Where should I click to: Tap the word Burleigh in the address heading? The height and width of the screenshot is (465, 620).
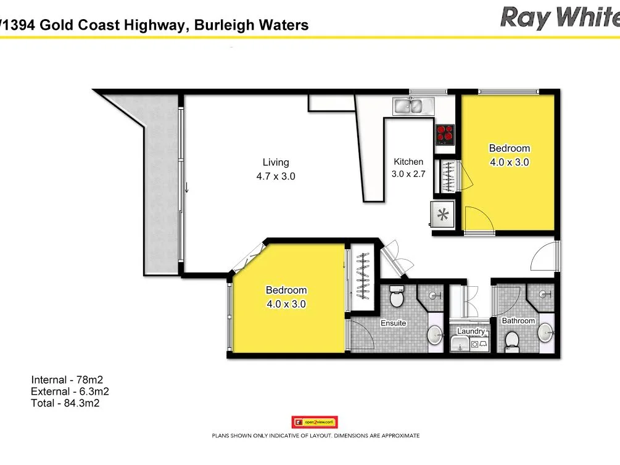226,25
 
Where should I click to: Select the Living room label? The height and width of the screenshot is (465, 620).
276,162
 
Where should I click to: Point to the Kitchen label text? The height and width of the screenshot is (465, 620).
408,162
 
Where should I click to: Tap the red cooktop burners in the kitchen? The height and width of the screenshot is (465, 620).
445,133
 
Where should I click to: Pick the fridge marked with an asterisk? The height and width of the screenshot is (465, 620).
443,215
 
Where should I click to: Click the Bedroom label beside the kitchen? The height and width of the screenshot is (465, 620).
509,148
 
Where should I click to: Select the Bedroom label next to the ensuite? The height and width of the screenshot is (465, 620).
286,290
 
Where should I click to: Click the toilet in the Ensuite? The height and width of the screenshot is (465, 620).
396,298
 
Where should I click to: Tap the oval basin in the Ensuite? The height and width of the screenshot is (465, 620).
436,335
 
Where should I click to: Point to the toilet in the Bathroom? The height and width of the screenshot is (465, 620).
511,339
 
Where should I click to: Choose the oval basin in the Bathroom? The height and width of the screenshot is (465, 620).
545,333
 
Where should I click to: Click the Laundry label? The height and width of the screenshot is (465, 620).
471,331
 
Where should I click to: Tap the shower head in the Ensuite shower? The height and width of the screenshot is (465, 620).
437,295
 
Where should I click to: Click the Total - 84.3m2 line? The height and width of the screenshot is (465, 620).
65,403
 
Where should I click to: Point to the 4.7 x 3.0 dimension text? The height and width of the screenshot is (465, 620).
276,176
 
